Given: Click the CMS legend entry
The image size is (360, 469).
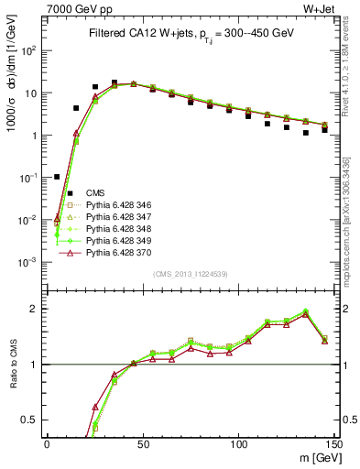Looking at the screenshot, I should pyautogui.click(x=95, y=192).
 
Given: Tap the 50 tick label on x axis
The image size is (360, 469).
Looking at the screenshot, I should pyautogui.click(x=142, y=443).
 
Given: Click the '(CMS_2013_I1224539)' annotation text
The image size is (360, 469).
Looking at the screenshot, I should pyautogui.click(x=190, y=274).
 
